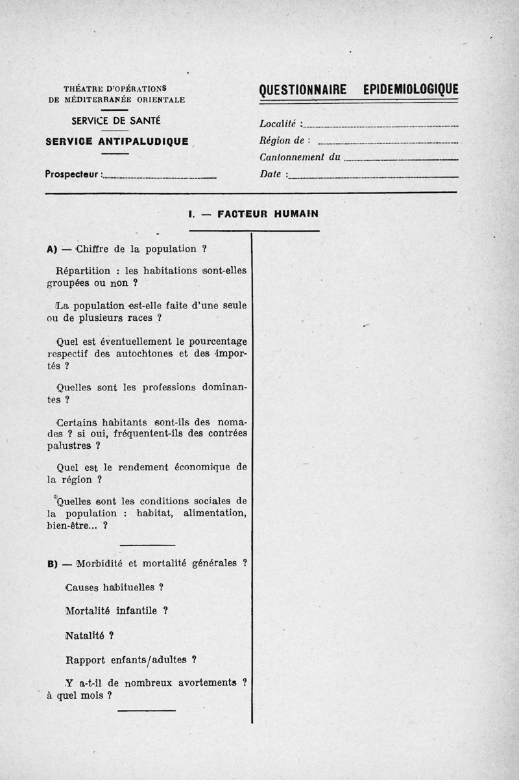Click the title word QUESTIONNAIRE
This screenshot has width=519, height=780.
302,90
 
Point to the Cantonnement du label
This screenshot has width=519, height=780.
300,157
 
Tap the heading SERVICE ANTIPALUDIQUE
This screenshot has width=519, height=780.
117,141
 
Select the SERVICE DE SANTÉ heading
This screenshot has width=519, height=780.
116,121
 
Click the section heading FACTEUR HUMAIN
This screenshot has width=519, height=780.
267,213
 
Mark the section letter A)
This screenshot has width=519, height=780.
53,249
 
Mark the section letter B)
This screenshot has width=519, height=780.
53,564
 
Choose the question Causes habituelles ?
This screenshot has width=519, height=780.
114,587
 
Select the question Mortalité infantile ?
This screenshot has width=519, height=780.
117,611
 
